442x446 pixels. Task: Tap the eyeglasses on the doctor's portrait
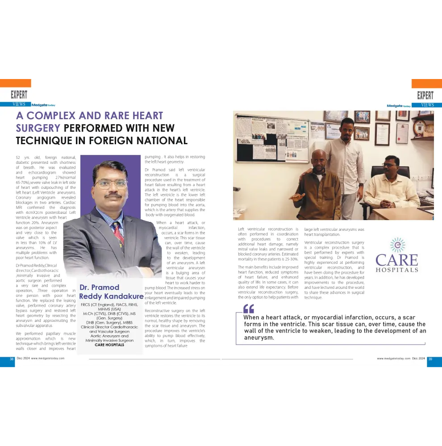[111, 183]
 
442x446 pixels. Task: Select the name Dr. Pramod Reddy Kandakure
[111, 292]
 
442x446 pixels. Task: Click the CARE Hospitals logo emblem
[396, 245]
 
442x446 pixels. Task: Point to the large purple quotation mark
[249, 309]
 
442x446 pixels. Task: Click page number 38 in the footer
[12, 358]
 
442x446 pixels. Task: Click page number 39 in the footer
[430, 358]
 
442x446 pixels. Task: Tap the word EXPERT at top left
[19, 95]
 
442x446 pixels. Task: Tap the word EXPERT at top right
[425, 95]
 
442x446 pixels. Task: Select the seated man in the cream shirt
[391, 183]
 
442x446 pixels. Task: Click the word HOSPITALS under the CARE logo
[397, 270]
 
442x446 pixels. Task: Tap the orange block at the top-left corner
[16, 83]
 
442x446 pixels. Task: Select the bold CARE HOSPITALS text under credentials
[109, 345]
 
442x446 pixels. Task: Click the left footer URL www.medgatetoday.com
[47, 358]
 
